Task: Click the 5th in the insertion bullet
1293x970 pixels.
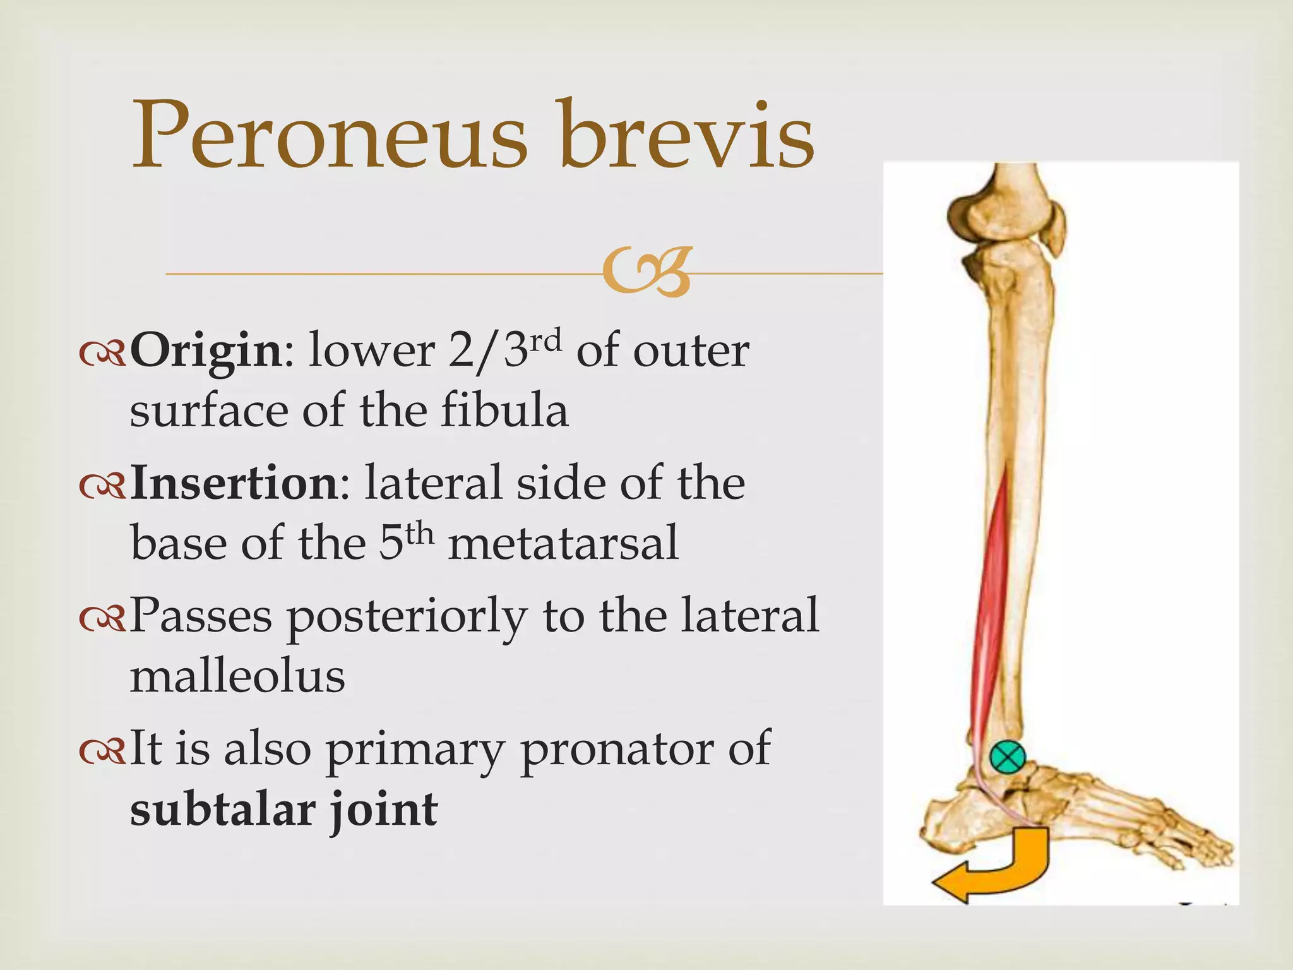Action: tap(406, 542)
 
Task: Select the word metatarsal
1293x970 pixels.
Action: tap(563, 543)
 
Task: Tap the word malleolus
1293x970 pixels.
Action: tap(237, 676)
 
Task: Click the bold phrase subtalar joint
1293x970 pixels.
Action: tap(283, 810)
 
